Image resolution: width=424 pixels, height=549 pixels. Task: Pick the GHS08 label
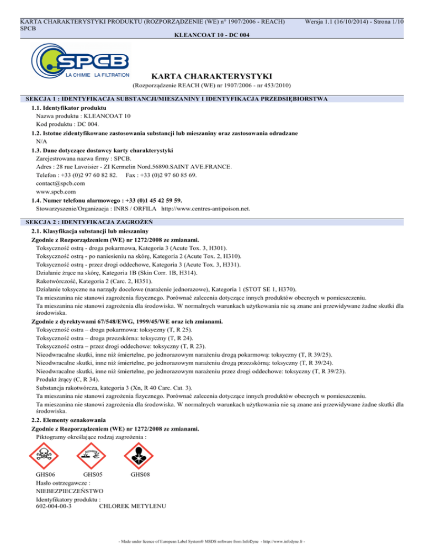click(x=141, y=474)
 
